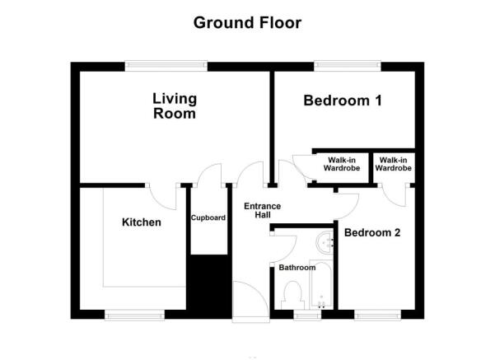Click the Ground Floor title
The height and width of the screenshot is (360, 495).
(247, 22)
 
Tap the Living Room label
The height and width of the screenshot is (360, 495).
(175, 106)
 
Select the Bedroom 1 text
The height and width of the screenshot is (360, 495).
(343, 101)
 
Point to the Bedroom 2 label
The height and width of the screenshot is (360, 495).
(372, 233)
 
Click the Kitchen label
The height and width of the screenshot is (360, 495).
(142, 222)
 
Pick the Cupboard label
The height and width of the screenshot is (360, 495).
(208, 218)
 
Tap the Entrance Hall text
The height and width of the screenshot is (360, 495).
(263, 210)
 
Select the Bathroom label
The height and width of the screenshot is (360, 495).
(296, 268)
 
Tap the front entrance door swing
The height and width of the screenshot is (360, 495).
(248, 297)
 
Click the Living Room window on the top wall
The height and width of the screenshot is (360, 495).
(165, 64)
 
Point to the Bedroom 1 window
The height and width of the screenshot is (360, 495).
(346, 64)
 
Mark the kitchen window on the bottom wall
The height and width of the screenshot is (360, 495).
(132, 315)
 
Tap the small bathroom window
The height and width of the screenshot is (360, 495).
(309, 315)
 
